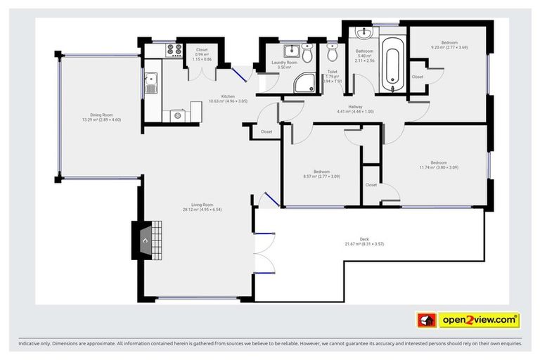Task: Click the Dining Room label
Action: [x=101, y=117]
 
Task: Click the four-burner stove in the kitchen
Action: [x=174, y=51]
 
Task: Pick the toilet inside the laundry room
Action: [x=307, y=50]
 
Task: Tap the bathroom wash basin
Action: [x=364, y=34]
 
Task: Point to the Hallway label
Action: [x=355, y=109]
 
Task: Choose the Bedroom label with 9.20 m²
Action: [x=449, y=45]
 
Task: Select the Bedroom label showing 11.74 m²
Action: [x=438, y=165]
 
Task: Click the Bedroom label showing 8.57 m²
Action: [x=321, y=174]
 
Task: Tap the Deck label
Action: [x=364, y=241]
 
